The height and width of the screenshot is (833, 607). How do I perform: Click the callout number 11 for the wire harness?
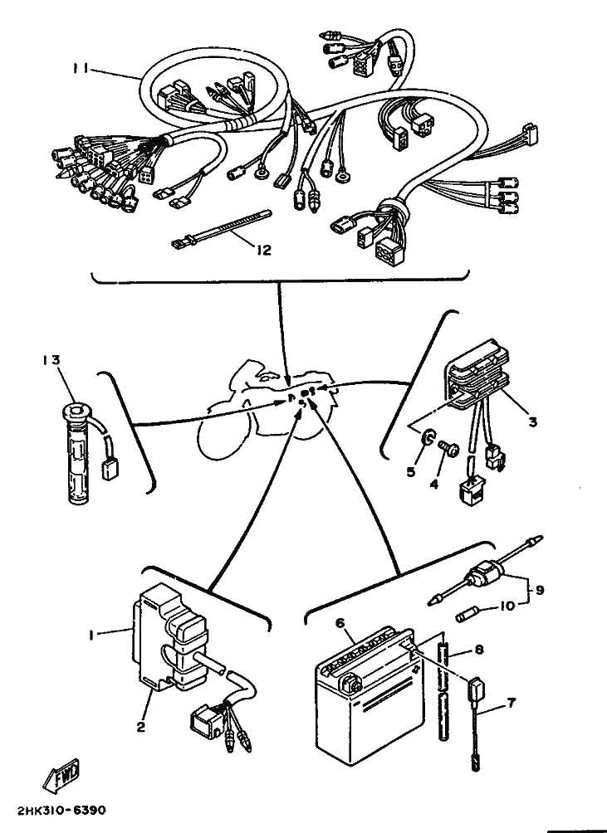(x=81, y=68)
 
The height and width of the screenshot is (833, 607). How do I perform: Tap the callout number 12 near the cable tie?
(x=263, y=250)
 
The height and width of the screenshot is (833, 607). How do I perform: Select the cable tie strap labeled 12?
(x=221, y=228)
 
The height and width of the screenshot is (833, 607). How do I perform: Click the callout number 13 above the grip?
(x=51, y=359)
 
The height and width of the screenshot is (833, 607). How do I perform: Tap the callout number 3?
(x=532, y=422)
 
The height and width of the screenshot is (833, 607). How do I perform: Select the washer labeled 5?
(x=428, y=439)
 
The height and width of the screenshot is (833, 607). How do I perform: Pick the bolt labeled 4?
(x=449, y=450)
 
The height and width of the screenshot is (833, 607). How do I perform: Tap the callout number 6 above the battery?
(x=340, y=622)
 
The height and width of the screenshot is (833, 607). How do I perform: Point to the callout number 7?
(x=511, y=704)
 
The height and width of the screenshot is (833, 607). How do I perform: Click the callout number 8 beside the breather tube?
(x=479, y=650)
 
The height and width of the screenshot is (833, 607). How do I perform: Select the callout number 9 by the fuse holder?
(x=539, y=590)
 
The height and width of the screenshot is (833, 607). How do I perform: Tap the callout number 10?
(x=508, y=606)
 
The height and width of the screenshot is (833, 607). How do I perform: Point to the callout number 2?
(x=140, y=727)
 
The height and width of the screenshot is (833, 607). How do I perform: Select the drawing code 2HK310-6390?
(x=61, y=811)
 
